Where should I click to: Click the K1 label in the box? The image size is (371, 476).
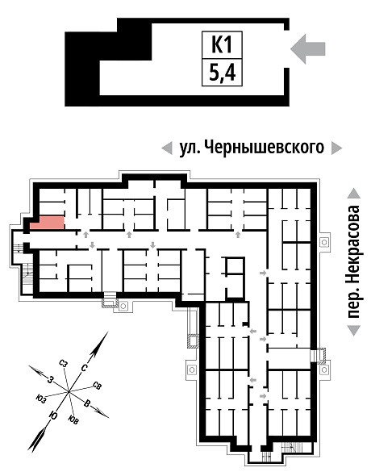click(x=222, y=44)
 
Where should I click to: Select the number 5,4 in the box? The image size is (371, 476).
click(x=222, y=73)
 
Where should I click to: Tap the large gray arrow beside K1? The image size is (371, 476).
click(x=307, y=48)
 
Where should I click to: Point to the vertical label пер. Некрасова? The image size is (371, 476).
click(x=354, y=261)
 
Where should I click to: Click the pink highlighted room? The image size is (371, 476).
click(x=48, y=223)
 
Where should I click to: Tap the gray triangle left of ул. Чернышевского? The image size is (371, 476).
click(x=167, y=148)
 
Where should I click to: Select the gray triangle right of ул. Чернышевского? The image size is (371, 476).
click(x=336, y=148)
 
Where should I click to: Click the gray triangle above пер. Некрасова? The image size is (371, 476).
click(x=354, y=194)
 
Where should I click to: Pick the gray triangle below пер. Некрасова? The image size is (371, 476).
click(x=354, y=330)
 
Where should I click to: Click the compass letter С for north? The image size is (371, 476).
click(x=85, y=368)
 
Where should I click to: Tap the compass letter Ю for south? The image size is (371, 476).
click(x=54, y=415)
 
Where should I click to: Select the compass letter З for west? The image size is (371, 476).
click(x=52, y=379)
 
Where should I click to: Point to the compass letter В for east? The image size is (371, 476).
click(x=87, y=403)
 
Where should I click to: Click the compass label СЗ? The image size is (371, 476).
click(x=63, y=363)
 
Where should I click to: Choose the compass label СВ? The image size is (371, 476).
click(x=97, y=386)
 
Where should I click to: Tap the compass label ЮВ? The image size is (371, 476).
click(x=73, y=420)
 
